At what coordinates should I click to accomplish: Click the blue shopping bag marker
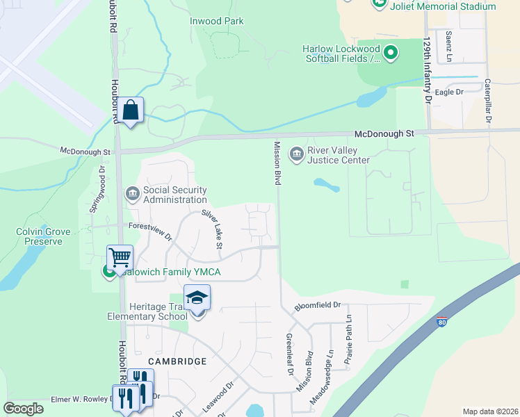coord(130,110)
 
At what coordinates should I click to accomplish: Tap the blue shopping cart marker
coord(120,258)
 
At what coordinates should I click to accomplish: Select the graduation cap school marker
coord(197,297)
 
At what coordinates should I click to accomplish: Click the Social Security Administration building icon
coord(132,193)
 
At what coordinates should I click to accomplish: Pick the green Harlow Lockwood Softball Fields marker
coord(390,53)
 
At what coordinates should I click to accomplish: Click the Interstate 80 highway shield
coord(441,323)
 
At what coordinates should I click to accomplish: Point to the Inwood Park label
coord(217,21)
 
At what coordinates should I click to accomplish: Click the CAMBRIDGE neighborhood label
coord(177,361)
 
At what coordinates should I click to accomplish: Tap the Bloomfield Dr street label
coord(318,305)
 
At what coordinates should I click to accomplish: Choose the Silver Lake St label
coord(212,229)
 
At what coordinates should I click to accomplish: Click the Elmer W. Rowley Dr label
coord(82,400)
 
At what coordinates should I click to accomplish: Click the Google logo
coord(24,409)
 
